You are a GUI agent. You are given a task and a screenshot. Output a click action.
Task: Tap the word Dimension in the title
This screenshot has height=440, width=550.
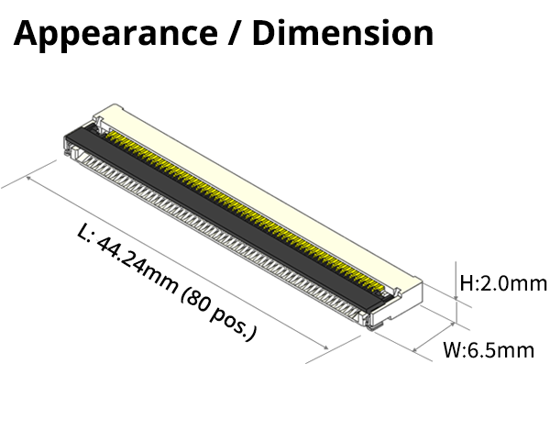(342, 33)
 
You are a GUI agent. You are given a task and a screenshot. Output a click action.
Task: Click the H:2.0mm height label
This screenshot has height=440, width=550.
(502, 283)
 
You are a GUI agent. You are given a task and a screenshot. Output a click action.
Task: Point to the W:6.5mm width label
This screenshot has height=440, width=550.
(488, 350)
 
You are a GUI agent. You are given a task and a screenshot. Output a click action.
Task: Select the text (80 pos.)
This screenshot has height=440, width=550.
(220, 313)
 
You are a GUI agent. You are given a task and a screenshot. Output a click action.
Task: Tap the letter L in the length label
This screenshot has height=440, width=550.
(85, 236)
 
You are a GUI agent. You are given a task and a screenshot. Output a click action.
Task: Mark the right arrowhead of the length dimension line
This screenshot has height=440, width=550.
(327, 346)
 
